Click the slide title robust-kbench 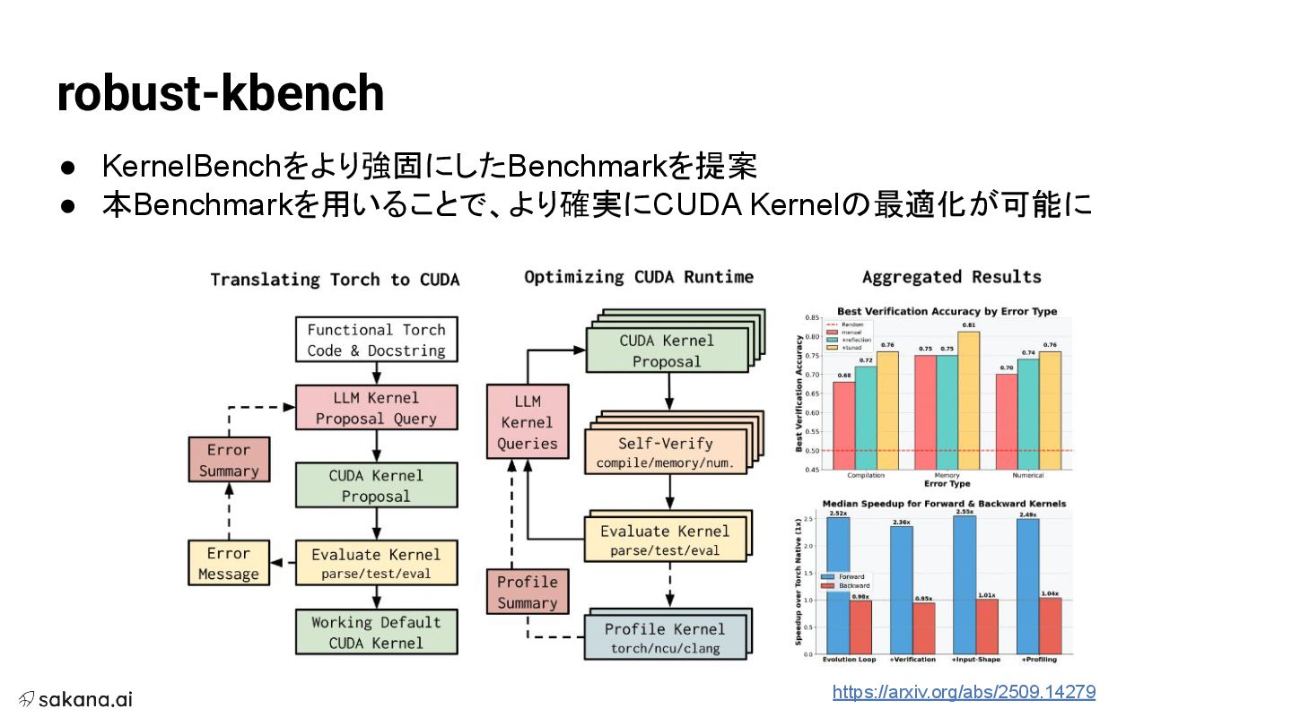pyautogui.click(x=220, y=93)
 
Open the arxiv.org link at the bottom pyautogui.click(x=964, y=692)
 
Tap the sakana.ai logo pyautogui.click(x=76, y=699)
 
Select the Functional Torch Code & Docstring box pyautogui.click(x=376, y=340)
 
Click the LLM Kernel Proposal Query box pyautogui.click(x=376, y=408)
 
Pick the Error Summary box pyautogui.click(x=229, y=460)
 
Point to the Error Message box pyautogui.click(x=229, y=563)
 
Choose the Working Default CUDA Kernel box pyautogui.click(x=376, y=632)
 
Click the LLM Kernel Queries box pyautogui.click(x=528, y=422)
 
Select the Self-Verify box pyautogui.click(x=666, y=453)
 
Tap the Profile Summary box pyautogui.click(x=528, y=592)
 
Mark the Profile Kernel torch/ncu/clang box pyautogui.click(x=665, y=637)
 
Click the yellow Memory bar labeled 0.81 pyautogui.click(x=968, y=400)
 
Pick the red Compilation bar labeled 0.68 pyautogui.click(x=843, y=425)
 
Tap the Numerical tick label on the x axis pyautogui.click(x=1027, y=476)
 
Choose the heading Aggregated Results pyautogui.click(x=951, y=277)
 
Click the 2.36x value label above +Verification pyautogui.click(x=901, y=522)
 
